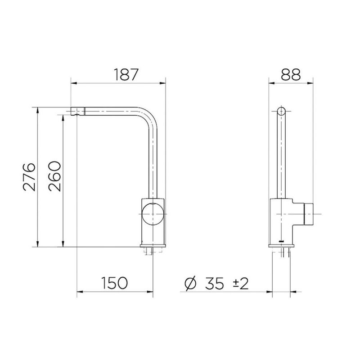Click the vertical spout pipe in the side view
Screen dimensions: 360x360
tap(281, 157)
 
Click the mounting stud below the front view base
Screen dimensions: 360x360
tap(152, 251)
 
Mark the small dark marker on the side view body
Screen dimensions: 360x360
tap(281, 241)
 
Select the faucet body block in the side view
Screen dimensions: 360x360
tap(283, 220)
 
